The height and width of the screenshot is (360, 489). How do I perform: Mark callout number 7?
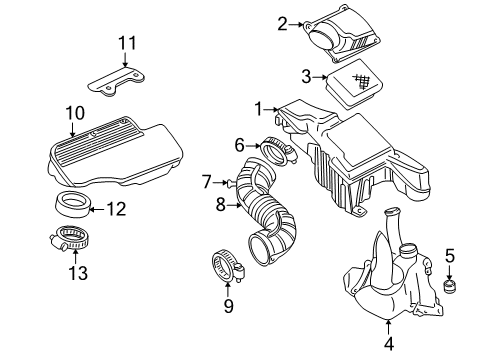pyautogui.click(x=207, y=182)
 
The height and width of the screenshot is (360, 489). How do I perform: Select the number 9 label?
pyautogui.click(x=228, y=306)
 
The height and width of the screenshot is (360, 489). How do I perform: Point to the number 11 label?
pyautogui.click(x=125, y=43)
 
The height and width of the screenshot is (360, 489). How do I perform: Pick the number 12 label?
pyautogui.click(x=116, y=209)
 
